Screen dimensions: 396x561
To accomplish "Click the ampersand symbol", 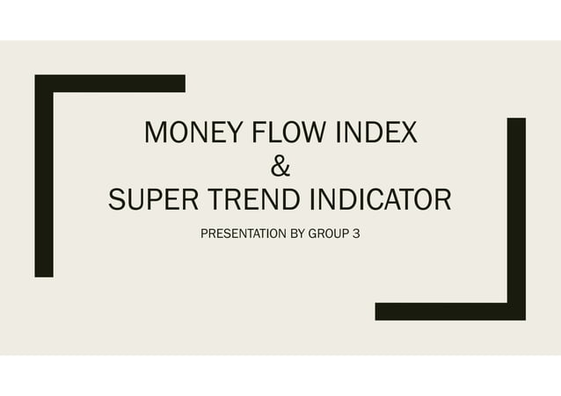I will click(x=280, y=166).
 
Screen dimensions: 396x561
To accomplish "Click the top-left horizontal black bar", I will click(x=110, y=83).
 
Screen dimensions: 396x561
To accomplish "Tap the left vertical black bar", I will click(x=44, y=176).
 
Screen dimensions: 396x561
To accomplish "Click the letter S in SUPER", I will click(x=117, y=199).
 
